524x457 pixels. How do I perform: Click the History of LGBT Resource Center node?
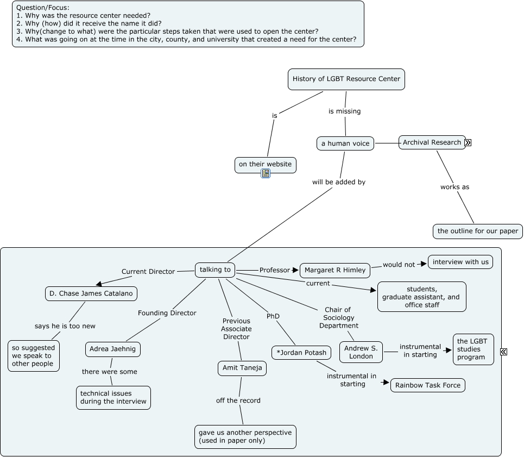point(346,79)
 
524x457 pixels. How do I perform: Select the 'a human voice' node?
point(345,143)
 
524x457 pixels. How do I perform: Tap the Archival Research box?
point(432,142)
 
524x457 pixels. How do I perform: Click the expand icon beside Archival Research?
point(468,143)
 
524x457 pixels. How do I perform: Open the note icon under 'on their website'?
point(266,173)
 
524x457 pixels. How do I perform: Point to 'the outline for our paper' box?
point(477,231)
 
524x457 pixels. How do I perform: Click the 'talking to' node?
point(215,270)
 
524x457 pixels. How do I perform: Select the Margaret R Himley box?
point(335,271)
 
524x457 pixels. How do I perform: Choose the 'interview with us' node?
point(460,262)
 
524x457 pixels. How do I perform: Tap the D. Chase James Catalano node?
point(91,293)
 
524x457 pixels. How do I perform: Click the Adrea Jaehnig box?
point(112,349)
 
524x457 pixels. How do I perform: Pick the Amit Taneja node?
point(242,368)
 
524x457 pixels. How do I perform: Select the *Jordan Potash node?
point(301,353)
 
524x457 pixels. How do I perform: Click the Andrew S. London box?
point(361,352)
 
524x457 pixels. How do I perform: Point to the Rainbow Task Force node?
point(428,385)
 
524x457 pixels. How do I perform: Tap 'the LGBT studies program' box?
point(473,349)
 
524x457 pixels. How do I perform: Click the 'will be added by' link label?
point(339,182)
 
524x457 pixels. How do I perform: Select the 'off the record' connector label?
point(238,400)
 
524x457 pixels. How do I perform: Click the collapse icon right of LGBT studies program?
point(503,352)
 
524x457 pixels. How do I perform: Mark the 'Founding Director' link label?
point(167,313)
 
